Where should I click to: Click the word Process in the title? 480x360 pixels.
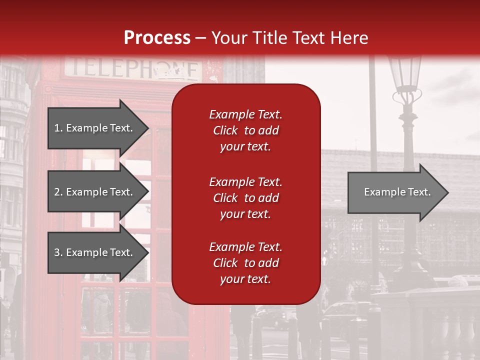point(157,38)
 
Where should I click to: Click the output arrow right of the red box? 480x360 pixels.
point(397,192)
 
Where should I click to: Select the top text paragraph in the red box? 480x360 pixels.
point(245,130)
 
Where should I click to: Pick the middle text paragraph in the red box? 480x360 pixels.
point(245,198)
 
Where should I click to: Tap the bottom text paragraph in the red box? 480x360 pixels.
point(245,263)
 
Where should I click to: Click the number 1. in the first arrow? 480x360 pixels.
point(58,128)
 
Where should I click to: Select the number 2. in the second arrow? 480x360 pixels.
point(58,192)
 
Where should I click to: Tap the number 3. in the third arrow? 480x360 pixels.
point(58,252)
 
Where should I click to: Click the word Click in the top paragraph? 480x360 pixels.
point(225,130)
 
